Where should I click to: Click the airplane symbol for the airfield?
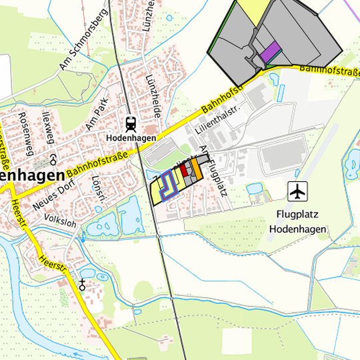(297, 191)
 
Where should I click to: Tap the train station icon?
(131, 123)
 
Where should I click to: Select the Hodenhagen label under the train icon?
(131, 137)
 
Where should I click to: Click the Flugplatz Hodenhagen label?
(298, 221)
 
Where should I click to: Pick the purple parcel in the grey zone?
(270, 52)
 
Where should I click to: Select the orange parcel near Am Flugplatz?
(197, 167)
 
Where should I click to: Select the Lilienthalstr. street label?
(217, 117)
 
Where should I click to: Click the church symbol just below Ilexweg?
(53, 159)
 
